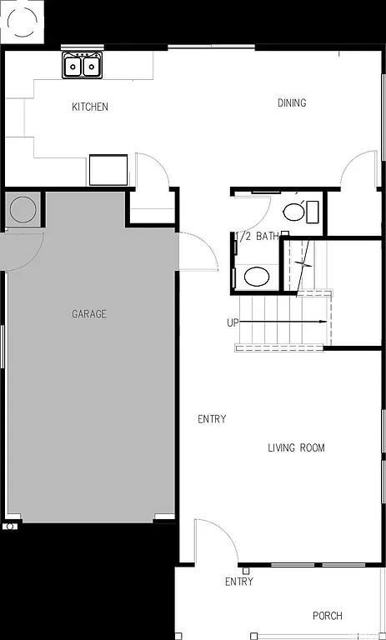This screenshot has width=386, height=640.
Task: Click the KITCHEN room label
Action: click(x=90, y=107)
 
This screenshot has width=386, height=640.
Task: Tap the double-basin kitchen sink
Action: click(x=83, y=65)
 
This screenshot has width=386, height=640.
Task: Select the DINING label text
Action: click(x=292, y=103)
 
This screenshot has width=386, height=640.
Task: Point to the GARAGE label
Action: click(x=89, y=314)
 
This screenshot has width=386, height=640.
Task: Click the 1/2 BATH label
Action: click(x=258, y=237)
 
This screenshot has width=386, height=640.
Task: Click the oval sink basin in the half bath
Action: click(x=257, y=276)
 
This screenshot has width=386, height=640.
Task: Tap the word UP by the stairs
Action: click(x=233, y=322)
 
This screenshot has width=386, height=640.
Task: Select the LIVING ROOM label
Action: click(x=296, y=448)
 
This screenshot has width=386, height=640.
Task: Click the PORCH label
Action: click(x=328, y=616)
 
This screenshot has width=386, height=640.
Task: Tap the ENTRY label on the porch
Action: click(x=239, y=582)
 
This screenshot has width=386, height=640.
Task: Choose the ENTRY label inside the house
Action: click(x=212, y=419)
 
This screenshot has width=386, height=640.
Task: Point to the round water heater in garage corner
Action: click(x=22, y=209)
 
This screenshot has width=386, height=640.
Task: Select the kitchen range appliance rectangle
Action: click(x=108, y=170)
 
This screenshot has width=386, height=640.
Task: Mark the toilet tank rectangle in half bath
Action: click(x=313, y=212)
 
